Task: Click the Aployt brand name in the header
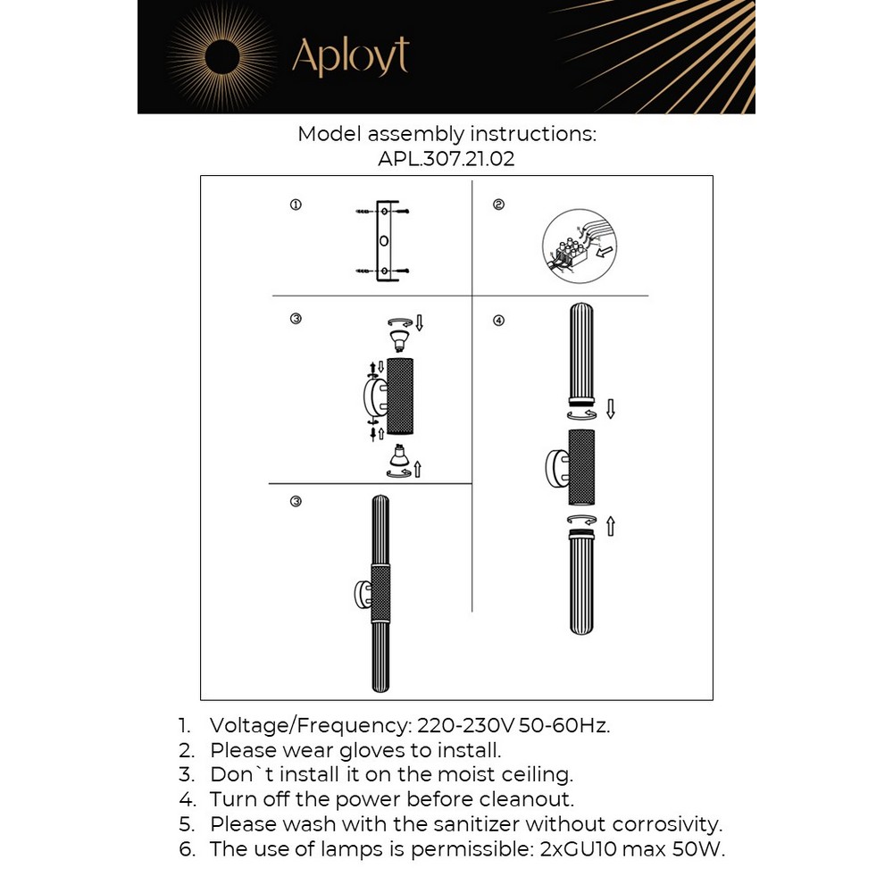(x=350, y=57)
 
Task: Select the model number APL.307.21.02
(x=446, y=159)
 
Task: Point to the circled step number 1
(x=296, y=205)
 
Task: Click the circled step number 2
(x=498, y=204)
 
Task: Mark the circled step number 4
(x=498, y=321)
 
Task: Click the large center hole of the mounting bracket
(x=384, y=241)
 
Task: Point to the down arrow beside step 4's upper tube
(x=611, y=410)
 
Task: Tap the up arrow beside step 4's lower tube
(x=611, y=527)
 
